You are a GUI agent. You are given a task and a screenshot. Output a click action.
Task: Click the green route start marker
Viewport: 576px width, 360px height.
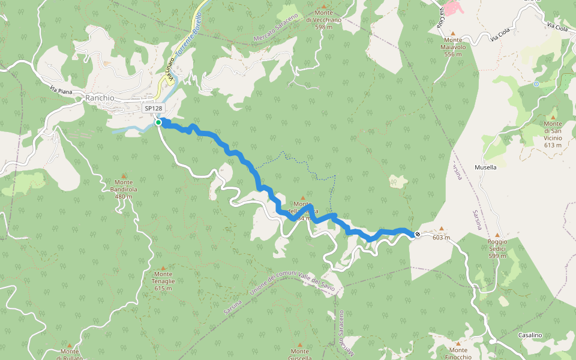158,122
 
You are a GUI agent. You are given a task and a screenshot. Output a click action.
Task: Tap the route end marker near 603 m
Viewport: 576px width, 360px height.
417,234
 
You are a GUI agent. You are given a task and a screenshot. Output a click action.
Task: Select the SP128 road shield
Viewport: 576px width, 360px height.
154,109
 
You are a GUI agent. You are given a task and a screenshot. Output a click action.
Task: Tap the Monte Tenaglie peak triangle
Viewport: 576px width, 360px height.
163,266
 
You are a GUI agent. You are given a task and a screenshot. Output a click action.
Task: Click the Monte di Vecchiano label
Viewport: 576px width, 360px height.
323,20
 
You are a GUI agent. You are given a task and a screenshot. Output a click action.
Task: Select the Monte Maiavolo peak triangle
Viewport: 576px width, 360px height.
454,34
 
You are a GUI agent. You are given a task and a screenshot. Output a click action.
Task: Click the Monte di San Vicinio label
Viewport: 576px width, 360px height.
553,131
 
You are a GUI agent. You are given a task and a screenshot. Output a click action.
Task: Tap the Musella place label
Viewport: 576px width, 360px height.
485,167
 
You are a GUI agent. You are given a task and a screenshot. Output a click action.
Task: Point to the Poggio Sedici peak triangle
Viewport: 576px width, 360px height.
497,235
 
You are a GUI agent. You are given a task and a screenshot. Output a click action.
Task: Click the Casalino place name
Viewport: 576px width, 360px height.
531,335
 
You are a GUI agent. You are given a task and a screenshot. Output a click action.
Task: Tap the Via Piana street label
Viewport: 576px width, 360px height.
62,90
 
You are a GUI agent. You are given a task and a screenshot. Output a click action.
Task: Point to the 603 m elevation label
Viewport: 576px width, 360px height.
441,238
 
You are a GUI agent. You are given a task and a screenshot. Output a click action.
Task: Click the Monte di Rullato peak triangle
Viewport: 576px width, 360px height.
70,346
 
